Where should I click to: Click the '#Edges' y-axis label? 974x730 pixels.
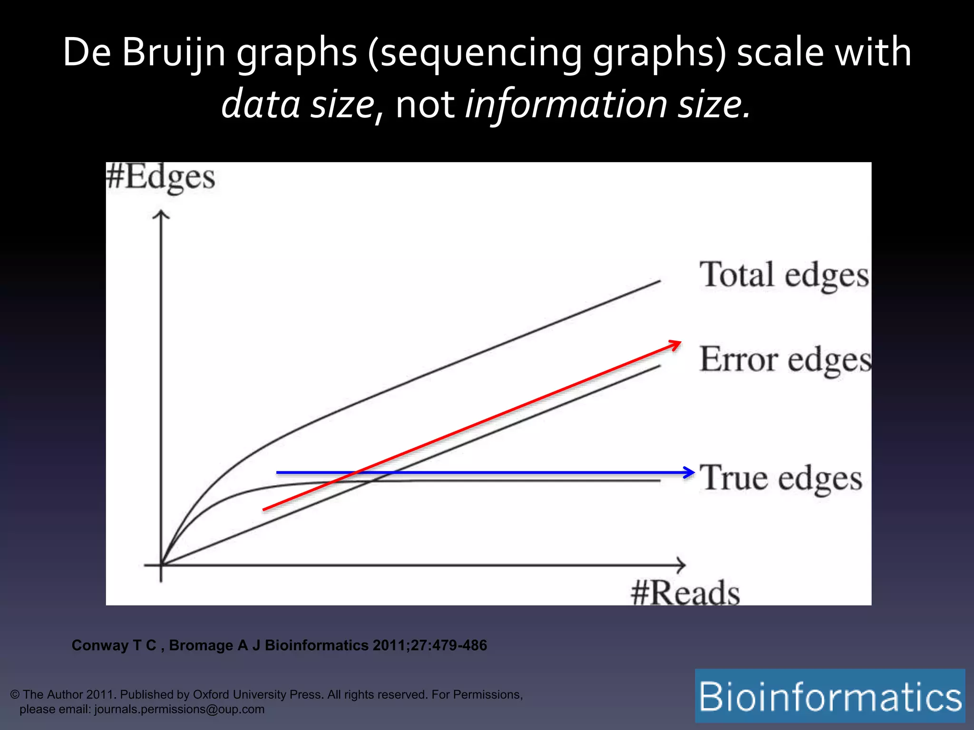(x=160, y=178)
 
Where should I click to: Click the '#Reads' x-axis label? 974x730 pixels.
(x=685, y=593)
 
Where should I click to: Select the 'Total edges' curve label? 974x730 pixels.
(x=784, y=275)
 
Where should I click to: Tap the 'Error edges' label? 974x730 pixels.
(x=785, y=359)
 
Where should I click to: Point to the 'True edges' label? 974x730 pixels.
(x=780, y=478)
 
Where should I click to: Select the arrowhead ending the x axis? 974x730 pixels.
(x=681, y=565)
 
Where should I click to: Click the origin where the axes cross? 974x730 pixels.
(x=161, y=565)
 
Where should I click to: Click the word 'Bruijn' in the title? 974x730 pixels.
(x=173, y=52)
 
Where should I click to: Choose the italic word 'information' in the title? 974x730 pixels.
(x=566, y=104)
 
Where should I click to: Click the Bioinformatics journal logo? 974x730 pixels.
(x=830, y=696)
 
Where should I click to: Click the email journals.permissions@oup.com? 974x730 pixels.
(x=179, y=709)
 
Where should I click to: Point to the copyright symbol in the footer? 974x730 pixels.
(x=15, y=695)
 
